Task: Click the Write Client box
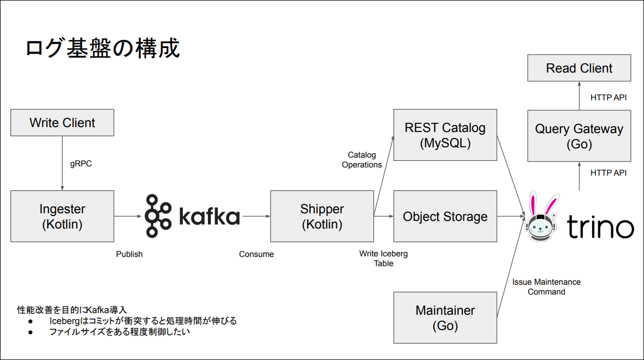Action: point(62,123)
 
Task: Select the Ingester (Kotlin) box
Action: point(62,217)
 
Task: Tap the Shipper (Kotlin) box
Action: point(322,217)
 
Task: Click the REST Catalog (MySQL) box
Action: point(445,135)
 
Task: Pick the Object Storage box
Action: point(445,217)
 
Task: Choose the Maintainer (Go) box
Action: point(445,317)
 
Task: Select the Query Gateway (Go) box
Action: point(579,136)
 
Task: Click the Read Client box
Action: point(579,68)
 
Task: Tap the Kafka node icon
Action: point(158,216)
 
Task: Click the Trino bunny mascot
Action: point(541,217)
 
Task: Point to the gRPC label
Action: point(81,164)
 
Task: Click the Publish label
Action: point(129,254)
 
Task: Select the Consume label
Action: point(257,254)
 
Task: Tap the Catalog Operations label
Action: point(362,160)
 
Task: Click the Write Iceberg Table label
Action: point(384,259)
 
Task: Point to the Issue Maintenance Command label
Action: point(546,287)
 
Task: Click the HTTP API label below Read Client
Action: point(609,97)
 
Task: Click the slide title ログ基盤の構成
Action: point(103,48)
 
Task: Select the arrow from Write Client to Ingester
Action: point(62,164)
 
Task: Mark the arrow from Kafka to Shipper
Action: point(257,216)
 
